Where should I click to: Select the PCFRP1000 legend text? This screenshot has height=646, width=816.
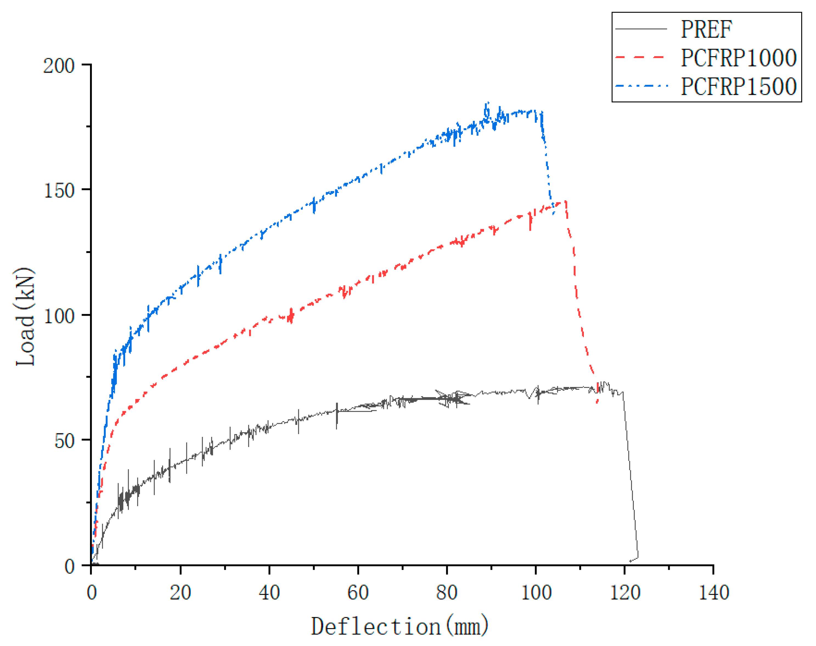pos(738,58)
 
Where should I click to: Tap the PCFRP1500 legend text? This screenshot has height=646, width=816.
pos(738,87)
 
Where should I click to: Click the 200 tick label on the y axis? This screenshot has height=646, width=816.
pos(59,66)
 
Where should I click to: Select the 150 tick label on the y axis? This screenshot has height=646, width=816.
pos(59,190)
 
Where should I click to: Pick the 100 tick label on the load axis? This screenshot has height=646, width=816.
pos(59,316)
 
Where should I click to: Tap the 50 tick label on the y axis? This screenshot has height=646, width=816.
pos(64,441)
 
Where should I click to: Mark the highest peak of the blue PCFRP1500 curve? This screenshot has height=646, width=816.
pos(488,103)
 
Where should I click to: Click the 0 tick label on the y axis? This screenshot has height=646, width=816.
pos(69,566)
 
